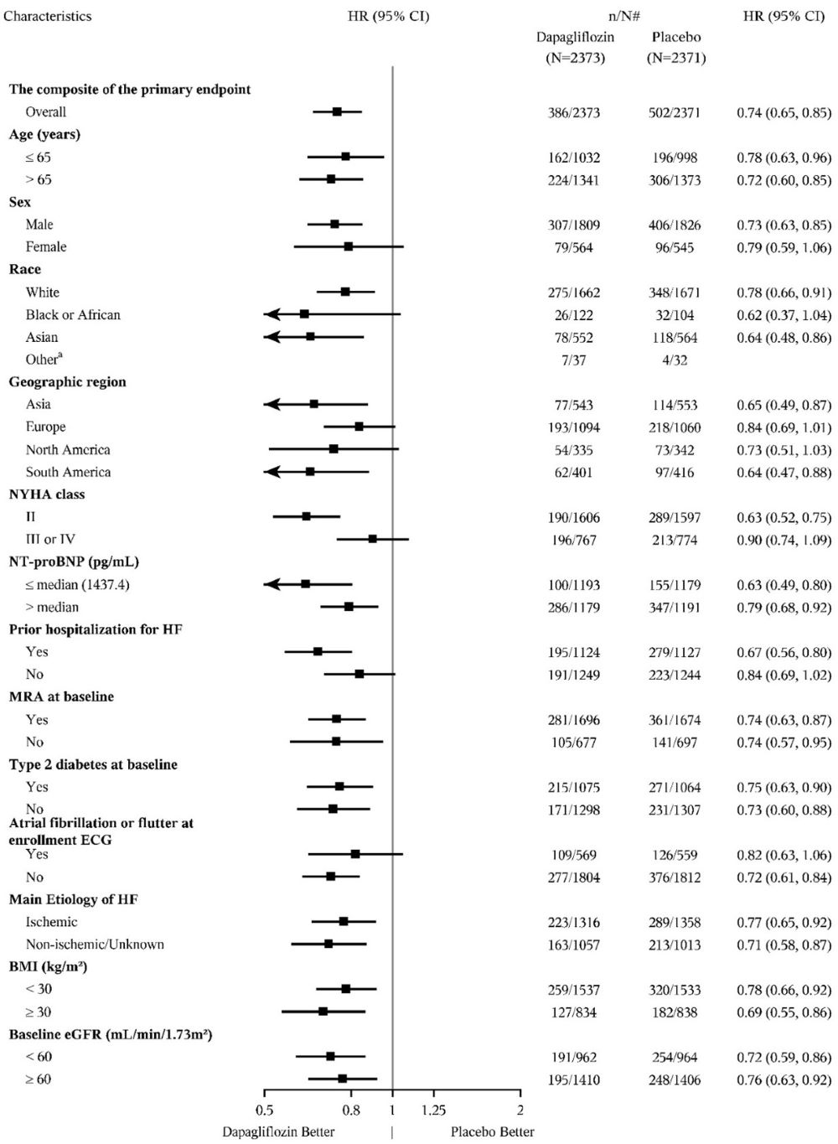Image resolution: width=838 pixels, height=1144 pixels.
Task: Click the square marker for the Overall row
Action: pyautogui.click(x=337, y=111)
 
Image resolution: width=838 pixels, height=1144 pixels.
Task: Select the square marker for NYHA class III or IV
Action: pyautogui.click(x=372, y=539)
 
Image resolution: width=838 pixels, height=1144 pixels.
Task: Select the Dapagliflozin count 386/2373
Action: pyautogui.click(x=574, y=112)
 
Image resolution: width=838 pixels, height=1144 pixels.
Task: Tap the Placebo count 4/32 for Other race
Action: pyautogui.click(x=675, y=360)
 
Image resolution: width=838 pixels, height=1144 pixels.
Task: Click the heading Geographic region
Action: pyautogui.click(x=67, y=381)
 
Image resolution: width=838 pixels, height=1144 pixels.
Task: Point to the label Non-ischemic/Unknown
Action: pyautogui.click(x=95, y=944)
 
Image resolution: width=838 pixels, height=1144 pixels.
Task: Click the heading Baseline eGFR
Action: pyautogui.click(x=110, y=1034)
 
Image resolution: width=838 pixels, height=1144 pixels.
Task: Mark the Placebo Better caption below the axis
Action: pyautogui.click(x=493, y=1132)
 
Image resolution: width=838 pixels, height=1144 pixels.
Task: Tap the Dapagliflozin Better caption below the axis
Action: pyautogui.click(x=278, y=1132)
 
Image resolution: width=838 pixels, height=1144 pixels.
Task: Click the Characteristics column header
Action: pyautogui.click(x=48, y=16)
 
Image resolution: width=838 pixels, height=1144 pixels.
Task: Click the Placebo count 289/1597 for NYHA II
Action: pyautogui.click(x=675, y=517)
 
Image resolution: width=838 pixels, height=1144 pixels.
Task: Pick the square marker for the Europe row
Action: pyautogui.click(x=359, y=427)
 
